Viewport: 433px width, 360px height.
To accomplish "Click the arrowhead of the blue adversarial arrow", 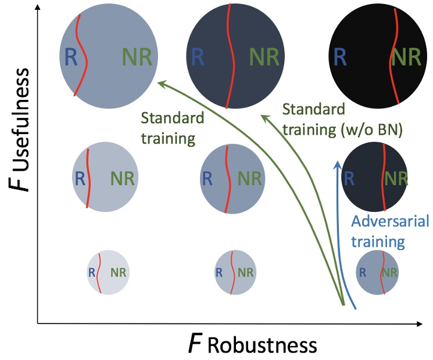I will click(x=336, y=164).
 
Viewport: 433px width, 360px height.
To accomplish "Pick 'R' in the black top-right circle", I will click(x=341, y=57).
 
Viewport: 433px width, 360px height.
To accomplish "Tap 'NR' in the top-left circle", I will click(x=137, y=57).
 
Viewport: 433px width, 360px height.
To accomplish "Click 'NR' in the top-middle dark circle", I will click(x=265, y=57).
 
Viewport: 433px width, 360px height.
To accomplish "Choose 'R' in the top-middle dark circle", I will click(x=198, y=57).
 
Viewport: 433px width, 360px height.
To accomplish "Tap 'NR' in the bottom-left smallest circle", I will click(x=117, y=271).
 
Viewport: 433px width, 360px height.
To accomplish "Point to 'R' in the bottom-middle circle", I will click(x=219, y=271).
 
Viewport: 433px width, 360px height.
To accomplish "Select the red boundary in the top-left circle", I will click(x=82, y=55).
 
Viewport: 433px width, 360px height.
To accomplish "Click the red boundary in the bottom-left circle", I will click(x=99, y=271).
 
